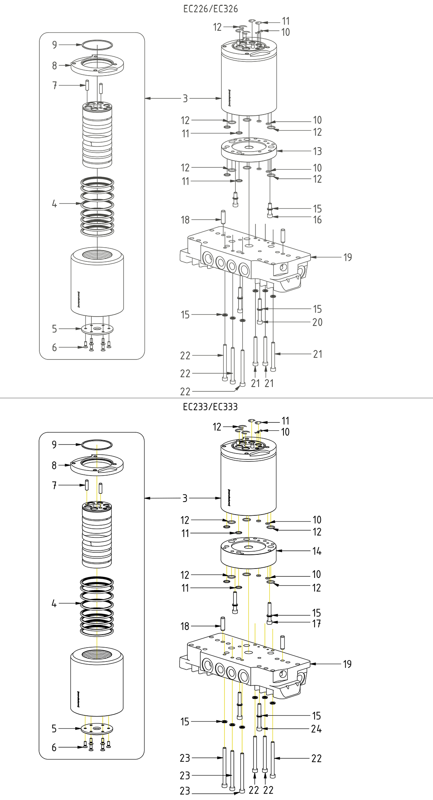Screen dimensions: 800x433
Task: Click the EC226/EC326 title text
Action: tap(211, 9)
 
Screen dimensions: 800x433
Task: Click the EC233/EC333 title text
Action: tap(210, 407)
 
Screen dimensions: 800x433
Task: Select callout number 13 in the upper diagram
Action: tap(317, 151)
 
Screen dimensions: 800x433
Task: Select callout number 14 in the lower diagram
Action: tap(316, 551)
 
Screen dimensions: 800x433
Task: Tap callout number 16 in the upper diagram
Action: tap(317, 220)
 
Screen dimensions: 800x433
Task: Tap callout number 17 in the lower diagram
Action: tap(316, 624)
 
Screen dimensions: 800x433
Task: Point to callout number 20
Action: tap(317, 322)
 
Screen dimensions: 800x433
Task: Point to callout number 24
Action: tap(316, 729)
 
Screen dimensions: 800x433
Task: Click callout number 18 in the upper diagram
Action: tap(185, 220)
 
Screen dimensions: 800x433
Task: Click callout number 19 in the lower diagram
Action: tap(347, 664)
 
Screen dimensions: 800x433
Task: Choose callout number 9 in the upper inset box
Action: tap(55, 45)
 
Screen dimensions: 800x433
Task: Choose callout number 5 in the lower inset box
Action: tap(54, 729)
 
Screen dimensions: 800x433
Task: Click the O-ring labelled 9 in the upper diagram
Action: tap(97, 44)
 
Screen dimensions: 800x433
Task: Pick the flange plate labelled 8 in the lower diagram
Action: tap(97, 465)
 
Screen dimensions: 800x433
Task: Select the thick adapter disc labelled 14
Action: tap(248, 551)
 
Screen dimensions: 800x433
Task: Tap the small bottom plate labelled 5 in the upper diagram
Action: tap(97, 328)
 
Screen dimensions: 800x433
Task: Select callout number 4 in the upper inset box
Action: tap(54, 204)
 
